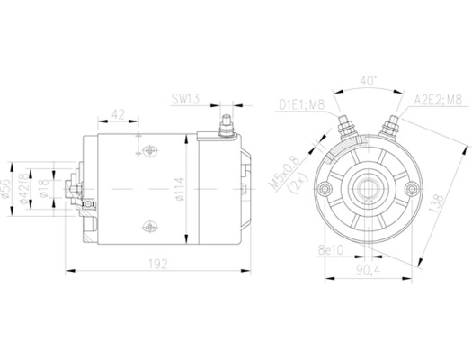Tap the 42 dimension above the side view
(x=118, y=114)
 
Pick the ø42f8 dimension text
(x=25, y=188)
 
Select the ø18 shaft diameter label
(x=41, y=188)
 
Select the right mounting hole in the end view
(x=411, y=188)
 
